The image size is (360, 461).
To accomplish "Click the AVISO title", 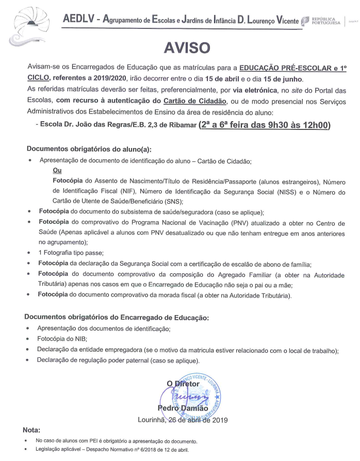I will pos(179,47).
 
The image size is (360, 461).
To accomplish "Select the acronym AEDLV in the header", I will pos(79,20).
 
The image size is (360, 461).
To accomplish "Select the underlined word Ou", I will pos(57,170).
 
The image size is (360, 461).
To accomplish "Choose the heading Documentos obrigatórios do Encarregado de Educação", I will pos(118,317).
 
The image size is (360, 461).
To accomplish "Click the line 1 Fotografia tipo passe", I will pos(71,253).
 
